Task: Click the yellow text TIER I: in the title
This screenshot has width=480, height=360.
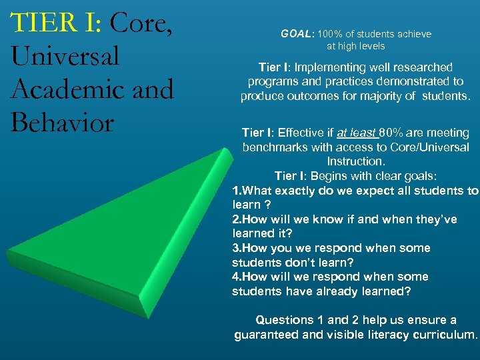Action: pos(57,23)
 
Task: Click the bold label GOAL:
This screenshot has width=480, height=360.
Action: pos(297,34)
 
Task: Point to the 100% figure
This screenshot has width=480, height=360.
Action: pos(329,34)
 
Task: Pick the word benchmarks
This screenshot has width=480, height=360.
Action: pos(274,147)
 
